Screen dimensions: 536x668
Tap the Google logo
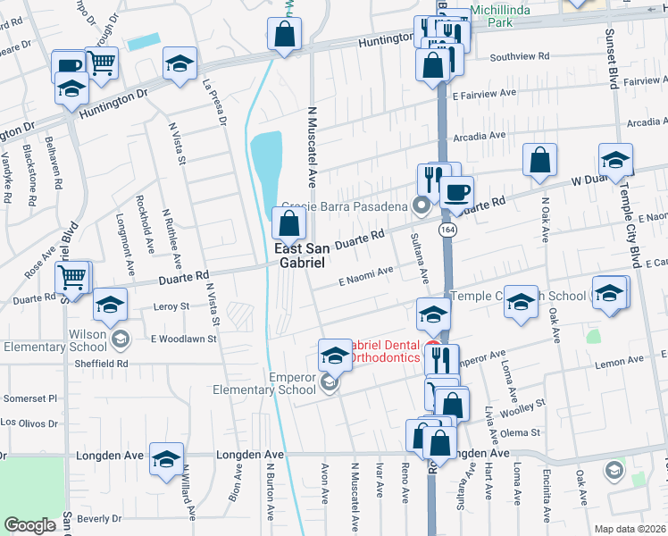[x=30, y=525]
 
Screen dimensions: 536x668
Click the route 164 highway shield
[x=444, y=230]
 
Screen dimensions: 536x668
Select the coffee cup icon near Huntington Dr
[x=69, y=65]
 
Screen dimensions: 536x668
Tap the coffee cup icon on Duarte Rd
[x=457, y=191]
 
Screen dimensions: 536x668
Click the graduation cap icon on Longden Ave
[x=166, y=457]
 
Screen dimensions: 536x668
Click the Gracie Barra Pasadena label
[x=344, y=205]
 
